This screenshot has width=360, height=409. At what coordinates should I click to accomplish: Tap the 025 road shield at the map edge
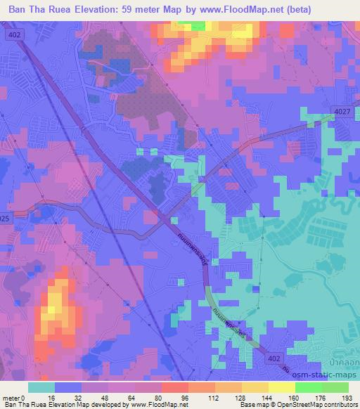pyautogui.click(x=6, y=220)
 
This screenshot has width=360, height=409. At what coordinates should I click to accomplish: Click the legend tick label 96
pyautogui.click(x=164, y=398)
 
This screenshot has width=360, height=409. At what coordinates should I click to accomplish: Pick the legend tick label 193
pyautogui.click(x=348, y=398)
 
